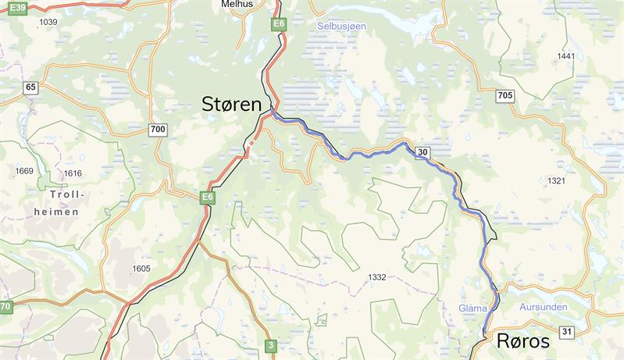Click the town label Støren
[231, 104]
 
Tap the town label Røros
[519, 341]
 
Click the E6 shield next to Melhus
[279, 25]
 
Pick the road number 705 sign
[505, 95]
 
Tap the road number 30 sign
[423, 151]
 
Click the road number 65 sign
[30, 87]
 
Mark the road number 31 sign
[567, 333]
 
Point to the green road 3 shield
[270, 344]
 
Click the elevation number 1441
[565, 56]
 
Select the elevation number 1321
[556, 181]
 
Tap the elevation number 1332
[376, 277]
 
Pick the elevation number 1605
[141, 269]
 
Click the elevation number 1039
[48, 22]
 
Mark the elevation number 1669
[24, 171]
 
